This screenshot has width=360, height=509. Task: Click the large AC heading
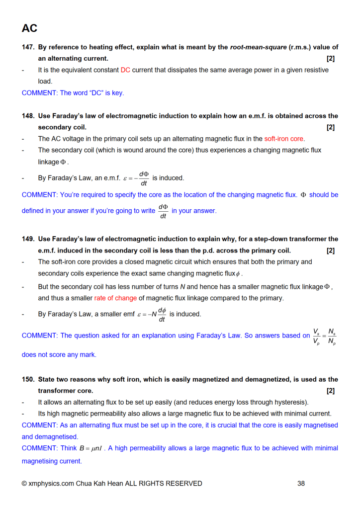point(29,28)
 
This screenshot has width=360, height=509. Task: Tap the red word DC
point(125,70)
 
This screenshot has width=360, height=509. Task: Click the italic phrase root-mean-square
point(258,47)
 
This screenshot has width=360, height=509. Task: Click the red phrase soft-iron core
point(284,139)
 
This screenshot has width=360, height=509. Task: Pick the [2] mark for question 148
point(331,127)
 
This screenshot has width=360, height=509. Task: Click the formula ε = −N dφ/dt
point(152,314)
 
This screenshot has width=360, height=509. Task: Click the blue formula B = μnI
point(91,448)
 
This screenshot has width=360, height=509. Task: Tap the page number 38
point(301,483)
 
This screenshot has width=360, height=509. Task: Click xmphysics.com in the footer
point(47,483)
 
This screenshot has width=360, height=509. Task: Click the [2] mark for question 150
point(331,391)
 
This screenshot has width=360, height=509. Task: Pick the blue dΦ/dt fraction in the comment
point(163,211)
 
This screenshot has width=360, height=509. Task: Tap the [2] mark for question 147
point(331,59)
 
